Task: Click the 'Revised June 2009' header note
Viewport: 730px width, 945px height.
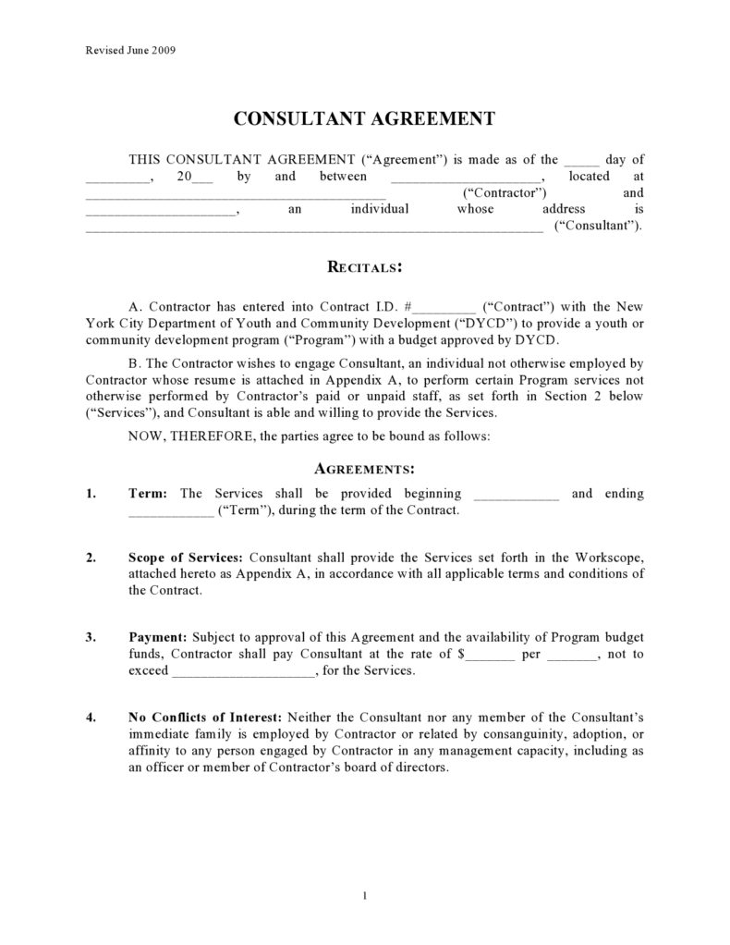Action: tap(125, 50)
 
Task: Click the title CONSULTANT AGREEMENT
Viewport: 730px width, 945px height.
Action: tap(364, 119)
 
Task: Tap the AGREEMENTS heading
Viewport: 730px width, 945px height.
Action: tap(364, 469)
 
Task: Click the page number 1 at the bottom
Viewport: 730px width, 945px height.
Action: tap(366, 895)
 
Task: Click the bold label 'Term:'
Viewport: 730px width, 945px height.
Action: tap(147, 494)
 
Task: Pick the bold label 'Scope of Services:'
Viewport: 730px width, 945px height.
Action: tap(186, 557)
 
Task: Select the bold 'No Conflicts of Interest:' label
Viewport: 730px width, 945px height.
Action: tap(207, 718)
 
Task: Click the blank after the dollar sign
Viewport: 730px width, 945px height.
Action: tap(490, 656)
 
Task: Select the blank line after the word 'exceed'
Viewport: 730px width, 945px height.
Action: tap(243, 672)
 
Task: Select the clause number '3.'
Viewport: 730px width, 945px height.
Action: tap(91, 637)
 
